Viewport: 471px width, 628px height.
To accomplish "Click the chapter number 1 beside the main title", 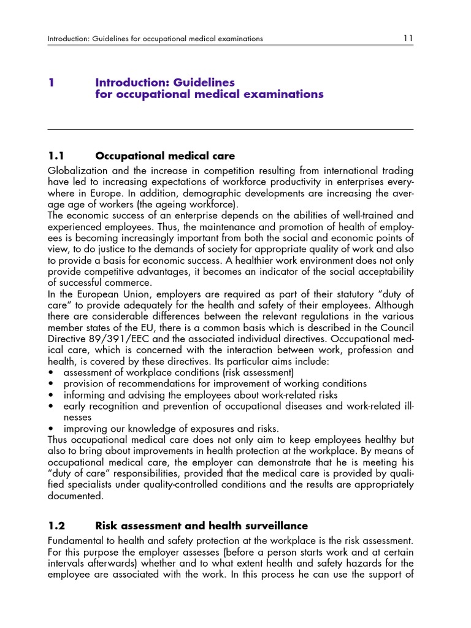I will [x=51, y=82].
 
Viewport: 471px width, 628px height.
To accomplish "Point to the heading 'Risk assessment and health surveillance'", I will [x=202, y=526].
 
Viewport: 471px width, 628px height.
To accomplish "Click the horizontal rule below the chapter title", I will [x=231, y=129].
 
